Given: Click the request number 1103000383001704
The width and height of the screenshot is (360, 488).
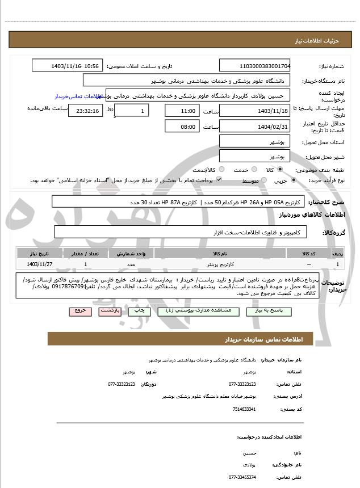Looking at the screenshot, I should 254,66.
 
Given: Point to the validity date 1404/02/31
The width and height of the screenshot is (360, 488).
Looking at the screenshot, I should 254,126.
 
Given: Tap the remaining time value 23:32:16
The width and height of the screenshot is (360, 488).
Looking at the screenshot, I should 85,111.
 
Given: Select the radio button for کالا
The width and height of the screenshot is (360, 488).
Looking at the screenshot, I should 279,170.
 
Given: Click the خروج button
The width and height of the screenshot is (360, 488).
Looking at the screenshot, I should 78,311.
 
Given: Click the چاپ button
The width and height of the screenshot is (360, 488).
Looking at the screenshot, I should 136,311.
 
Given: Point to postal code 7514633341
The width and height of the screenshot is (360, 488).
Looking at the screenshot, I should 245,409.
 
